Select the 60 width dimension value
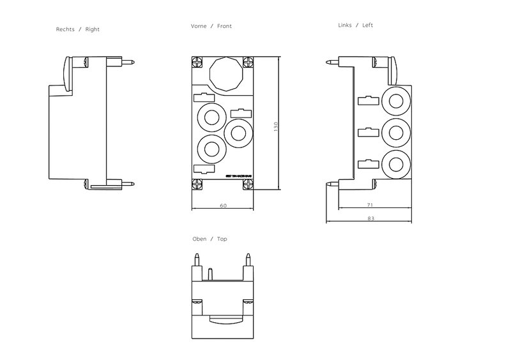click(x=223, y=206)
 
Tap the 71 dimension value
click(x=370, y=206)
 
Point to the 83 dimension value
click(x=370, y=218)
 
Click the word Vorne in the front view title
click(x=199, y=26)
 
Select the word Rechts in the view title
click(x=66, y=29)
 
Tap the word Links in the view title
click(x=345, y=26)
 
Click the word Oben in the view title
click(x=199, y=239)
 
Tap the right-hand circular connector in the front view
click(x=238, y=132)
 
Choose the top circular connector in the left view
click(x=395, y=101)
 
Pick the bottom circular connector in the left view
click(x=395, y=162)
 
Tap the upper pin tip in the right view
click(x=132, y=63)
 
